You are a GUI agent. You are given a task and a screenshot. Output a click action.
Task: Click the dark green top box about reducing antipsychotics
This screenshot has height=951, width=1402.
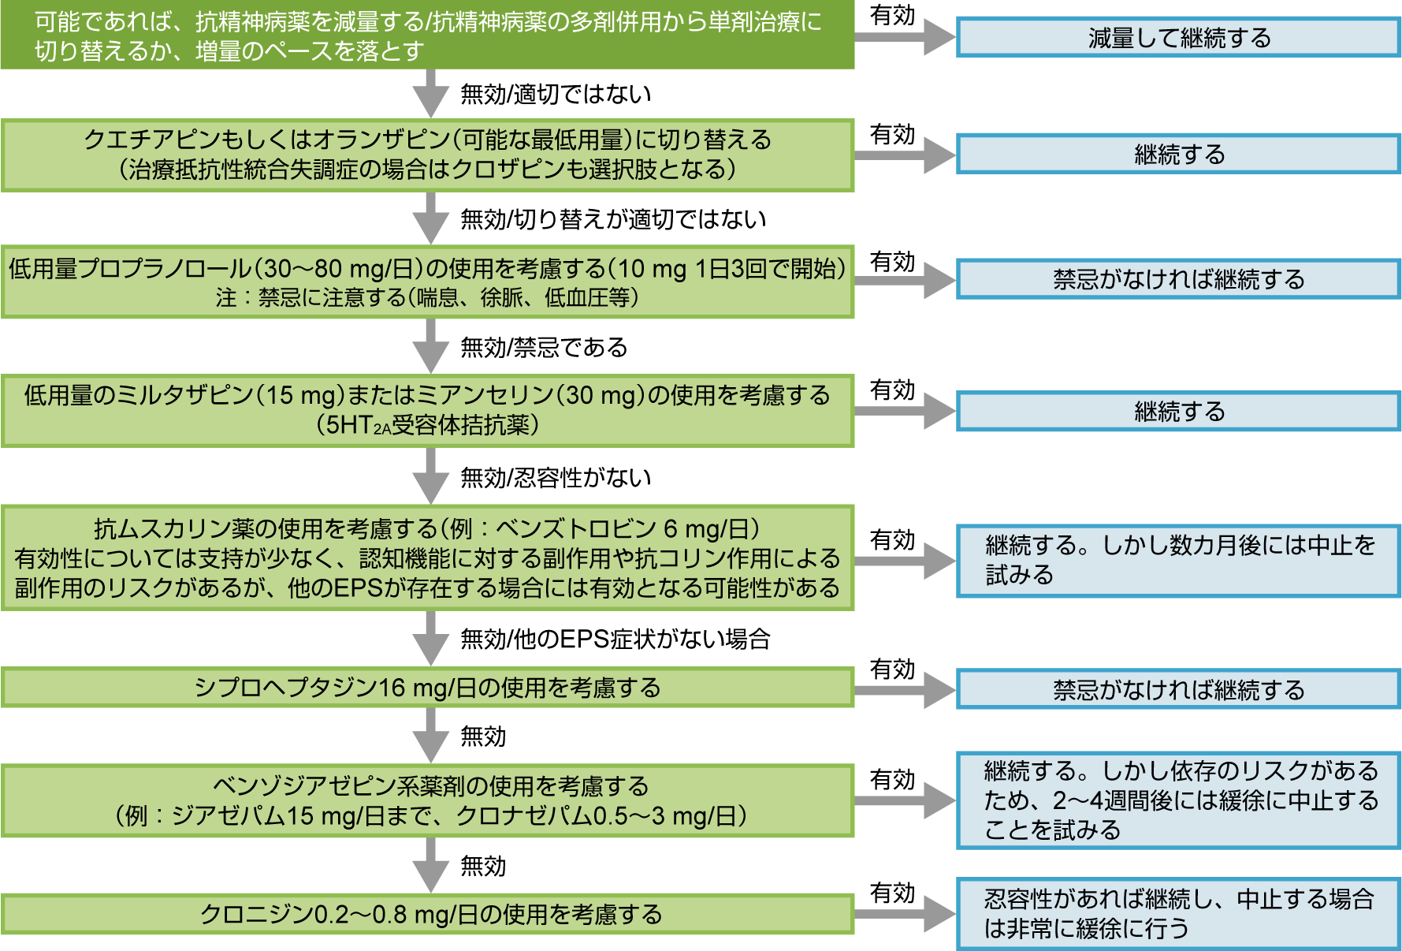coord(427,35)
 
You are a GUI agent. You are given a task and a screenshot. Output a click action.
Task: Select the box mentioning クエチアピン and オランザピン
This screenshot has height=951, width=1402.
coord(427,155)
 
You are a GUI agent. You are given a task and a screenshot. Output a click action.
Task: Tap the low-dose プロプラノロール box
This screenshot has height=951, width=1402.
coord(427,282)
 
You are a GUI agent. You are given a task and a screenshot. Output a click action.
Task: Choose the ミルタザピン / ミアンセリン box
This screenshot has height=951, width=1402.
coord(427,410)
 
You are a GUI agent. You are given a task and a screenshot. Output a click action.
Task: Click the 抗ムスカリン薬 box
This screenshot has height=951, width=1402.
coord(427,558)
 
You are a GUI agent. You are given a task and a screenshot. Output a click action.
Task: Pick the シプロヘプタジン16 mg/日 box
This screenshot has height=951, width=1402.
coord(427,688)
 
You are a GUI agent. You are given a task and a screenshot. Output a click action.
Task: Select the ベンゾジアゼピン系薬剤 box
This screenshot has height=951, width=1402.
coord(427,800)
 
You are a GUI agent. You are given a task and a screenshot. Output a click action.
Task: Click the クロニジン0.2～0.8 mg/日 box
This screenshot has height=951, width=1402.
coord(427,914)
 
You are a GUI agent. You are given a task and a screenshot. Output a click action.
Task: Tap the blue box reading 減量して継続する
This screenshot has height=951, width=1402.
coord(1178,38)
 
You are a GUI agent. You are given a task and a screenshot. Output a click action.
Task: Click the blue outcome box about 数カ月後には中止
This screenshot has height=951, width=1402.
coord(1178,561)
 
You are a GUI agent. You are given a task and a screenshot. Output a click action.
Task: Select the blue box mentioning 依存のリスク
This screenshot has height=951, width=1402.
coord(1178,800)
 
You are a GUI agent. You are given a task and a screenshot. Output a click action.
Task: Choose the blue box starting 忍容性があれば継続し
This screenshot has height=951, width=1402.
coord(1178,914)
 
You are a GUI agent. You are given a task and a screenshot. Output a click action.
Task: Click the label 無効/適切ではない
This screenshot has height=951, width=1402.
coord(556,95)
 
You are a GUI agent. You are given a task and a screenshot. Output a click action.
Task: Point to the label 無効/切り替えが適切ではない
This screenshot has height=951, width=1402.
coord(613,219)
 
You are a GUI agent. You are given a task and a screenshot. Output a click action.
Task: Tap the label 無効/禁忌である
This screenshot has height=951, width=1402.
coord(544,347)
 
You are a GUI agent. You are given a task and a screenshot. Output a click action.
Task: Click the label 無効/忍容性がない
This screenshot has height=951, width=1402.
coord(556,477)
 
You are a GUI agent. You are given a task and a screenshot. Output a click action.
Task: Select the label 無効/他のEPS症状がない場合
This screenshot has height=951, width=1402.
coord(615,639)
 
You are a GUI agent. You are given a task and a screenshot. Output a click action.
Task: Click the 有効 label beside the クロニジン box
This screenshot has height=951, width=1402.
coord(892,893)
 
